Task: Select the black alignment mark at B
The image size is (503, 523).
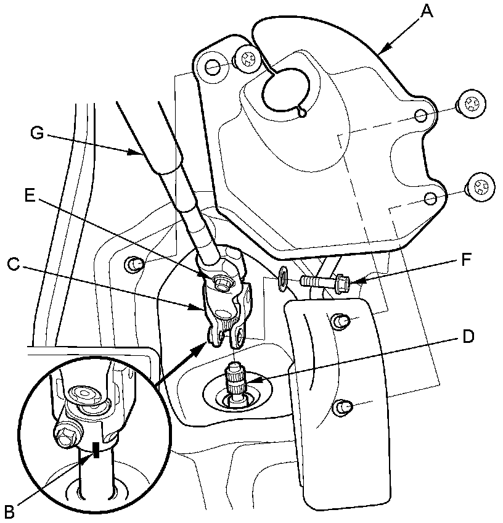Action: coord(95,451)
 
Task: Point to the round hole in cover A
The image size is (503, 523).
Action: coord(284,90)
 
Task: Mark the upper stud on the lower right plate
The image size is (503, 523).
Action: coord(339,321)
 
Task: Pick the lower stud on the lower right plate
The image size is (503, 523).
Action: coord(341,406)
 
